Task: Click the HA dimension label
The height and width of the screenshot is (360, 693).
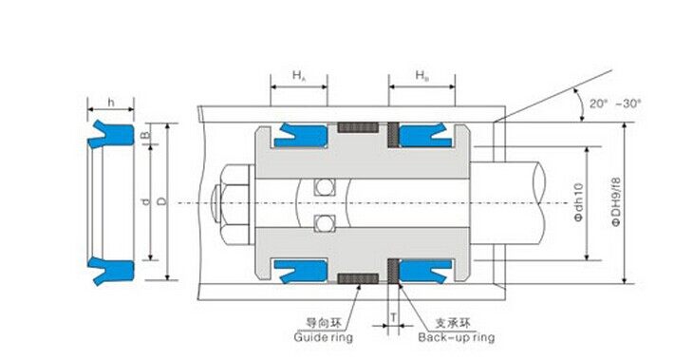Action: pos(299,76)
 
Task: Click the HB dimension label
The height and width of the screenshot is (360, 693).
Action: pos(422,76)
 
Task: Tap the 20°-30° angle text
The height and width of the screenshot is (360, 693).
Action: pos(615,104)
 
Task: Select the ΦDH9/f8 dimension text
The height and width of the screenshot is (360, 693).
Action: pos(616,201)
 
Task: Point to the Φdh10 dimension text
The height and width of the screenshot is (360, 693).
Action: pos(578,202)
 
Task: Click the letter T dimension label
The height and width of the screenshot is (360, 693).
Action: pos(393,317)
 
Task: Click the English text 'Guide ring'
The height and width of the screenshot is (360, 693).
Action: pos(324,337)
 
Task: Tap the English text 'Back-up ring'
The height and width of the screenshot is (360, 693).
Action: pos(456,337)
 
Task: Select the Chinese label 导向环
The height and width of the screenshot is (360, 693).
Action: pos(324,323)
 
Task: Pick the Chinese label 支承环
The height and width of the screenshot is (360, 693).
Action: pos(453,323)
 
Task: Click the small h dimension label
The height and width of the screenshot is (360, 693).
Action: pos(110,103)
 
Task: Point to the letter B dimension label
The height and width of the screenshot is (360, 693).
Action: pos(146,135)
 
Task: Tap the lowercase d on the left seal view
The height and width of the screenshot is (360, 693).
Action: pos(146,202)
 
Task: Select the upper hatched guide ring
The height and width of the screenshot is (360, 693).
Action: pos(358,127)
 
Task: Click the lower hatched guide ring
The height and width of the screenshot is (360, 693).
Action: pos(358,278)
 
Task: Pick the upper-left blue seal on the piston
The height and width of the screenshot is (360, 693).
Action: pos(301,135)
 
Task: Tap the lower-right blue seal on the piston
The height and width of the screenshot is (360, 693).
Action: pos(425,271)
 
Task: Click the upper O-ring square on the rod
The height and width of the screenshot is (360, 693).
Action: pos(324,186)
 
